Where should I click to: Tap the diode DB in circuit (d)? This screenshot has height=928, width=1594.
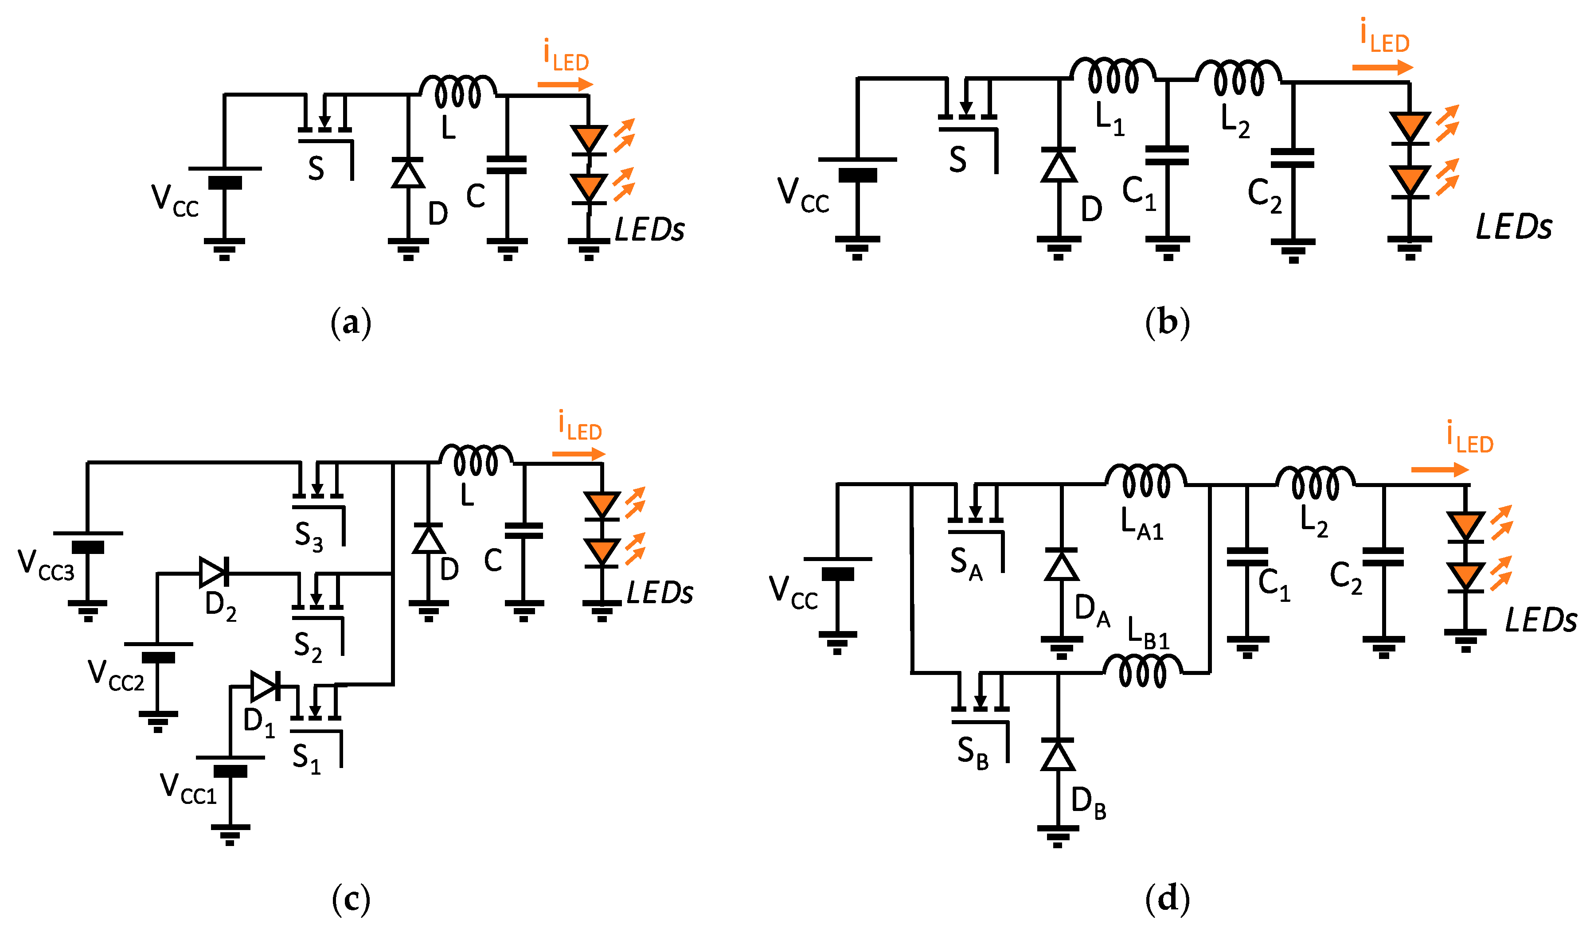[x=1058, y=755]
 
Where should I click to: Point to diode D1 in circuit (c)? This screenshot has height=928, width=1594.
[x=264, y=686]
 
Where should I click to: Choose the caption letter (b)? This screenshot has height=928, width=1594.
[x=1167, y=323]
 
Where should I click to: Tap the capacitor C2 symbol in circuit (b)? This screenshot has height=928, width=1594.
[x=1292, y=158]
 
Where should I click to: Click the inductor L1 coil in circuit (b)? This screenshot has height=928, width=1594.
[x=1113, y=76]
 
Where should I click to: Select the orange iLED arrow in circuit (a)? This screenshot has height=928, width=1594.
[x=565, y=84]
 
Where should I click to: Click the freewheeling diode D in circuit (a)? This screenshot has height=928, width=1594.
[x=408, y=173]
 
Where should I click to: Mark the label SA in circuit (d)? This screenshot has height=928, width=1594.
[x=966, y=563]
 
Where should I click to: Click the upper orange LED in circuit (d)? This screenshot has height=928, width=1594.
[x=1465, y=525]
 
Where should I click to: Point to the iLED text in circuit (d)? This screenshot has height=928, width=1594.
[x=1469, y=438]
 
